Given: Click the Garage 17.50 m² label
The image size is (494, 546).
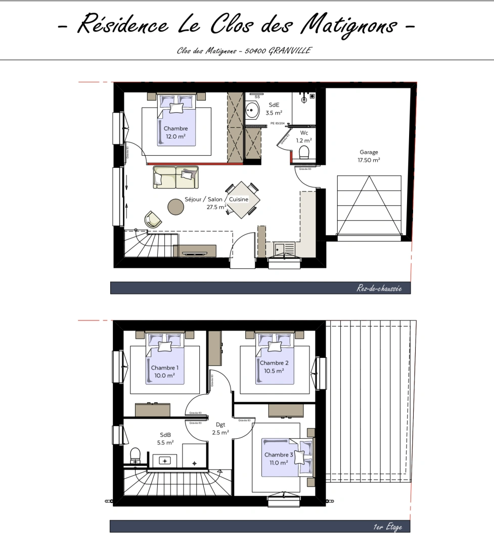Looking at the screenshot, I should pyautogui.click(x=369, y=156).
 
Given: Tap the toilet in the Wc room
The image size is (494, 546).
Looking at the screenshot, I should pyautogui.click(x=304, y=152).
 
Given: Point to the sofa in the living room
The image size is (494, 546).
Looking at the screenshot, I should pyautogui.click(x=176, y=176).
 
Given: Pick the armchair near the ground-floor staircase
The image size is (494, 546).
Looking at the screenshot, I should pyautogui.click(x=153, y=219).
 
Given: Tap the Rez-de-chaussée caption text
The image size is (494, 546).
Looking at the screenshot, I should pyautogui.click(x=379, y=289).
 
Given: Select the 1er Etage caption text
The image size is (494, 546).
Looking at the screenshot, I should pyautogui.click(x=388, y=527).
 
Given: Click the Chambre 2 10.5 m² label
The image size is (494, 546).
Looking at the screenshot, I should pyautogui.click(x=274, y=367).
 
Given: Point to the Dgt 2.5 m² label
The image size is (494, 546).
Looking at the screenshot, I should pyautogui.click(x=220, y=429).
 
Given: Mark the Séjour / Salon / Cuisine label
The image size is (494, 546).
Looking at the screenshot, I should pyautogui.click(x=216, y=203).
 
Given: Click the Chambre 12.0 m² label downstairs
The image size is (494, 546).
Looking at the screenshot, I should pyautogui.click(x=175, y=132).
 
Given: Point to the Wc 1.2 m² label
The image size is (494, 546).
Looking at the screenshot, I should pyautogui.click(x=304, y=136).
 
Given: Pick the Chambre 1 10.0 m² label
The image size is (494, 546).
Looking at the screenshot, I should pyautogui.click(x=164, y=372).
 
